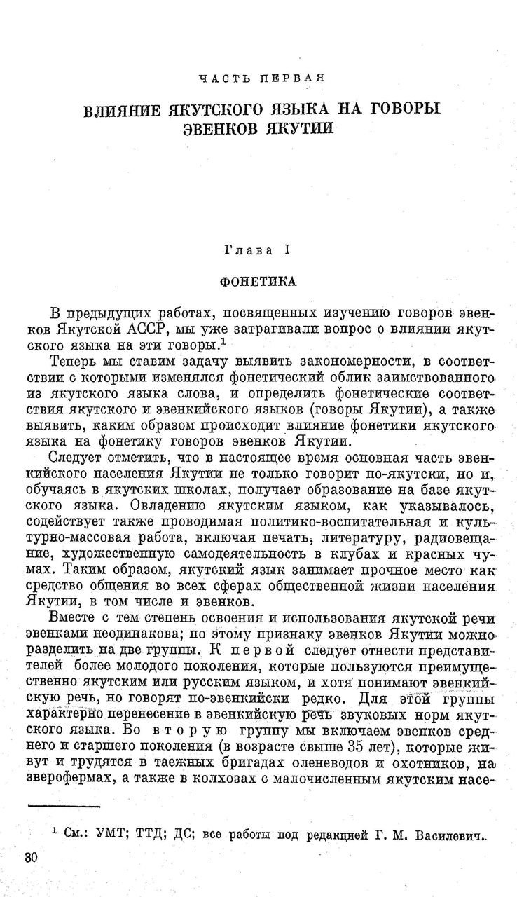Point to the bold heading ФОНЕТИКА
point(258,281)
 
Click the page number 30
point(31,859)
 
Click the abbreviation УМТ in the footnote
point(102,836)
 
